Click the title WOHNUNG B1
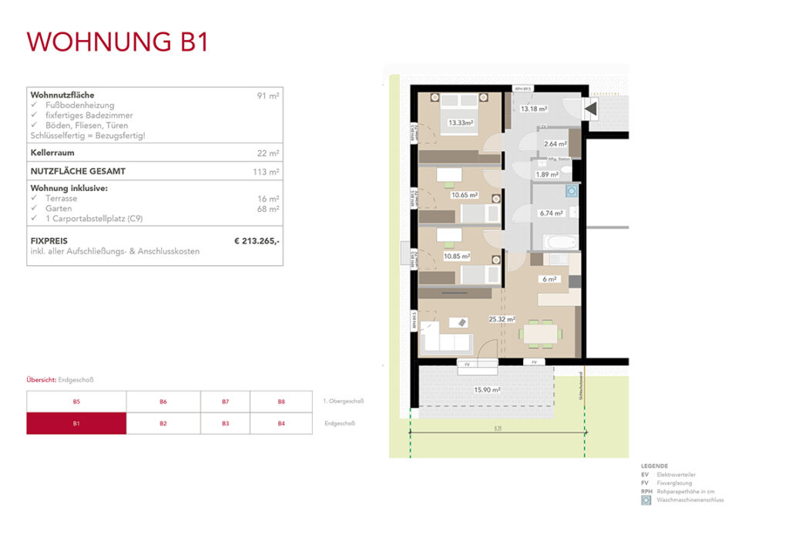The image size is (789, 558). [x=118, y=42]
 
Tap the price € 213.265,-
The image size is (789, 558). [x=257, y=241]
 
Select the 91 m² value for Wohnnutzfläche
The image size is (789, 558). [x=268, y=96]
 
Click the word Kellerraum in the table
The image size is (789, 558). [x=52, y=153]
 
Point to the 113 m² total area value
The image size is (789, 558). [x=267, y=172]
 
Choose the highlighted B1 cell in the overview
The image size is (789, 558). [x=76, y=423]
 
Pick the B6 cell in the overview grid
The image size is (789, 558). [x=163, y=402]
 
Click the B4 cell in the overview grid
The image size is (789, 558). [x=281, y=423]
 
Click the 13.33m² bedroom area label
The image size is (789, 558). [x=461, y=123]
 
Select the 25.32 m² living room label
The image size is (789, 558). [x=502, y=318]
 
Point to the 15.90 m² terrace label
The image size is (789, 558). [x=487, y=390]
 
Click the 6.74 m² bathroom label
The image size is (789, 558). [x=552, y=213]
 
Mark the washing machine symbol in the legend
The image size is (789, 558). [x=646, y=499]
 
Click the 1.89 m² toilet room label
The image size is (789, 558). [x=547, y=174]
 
